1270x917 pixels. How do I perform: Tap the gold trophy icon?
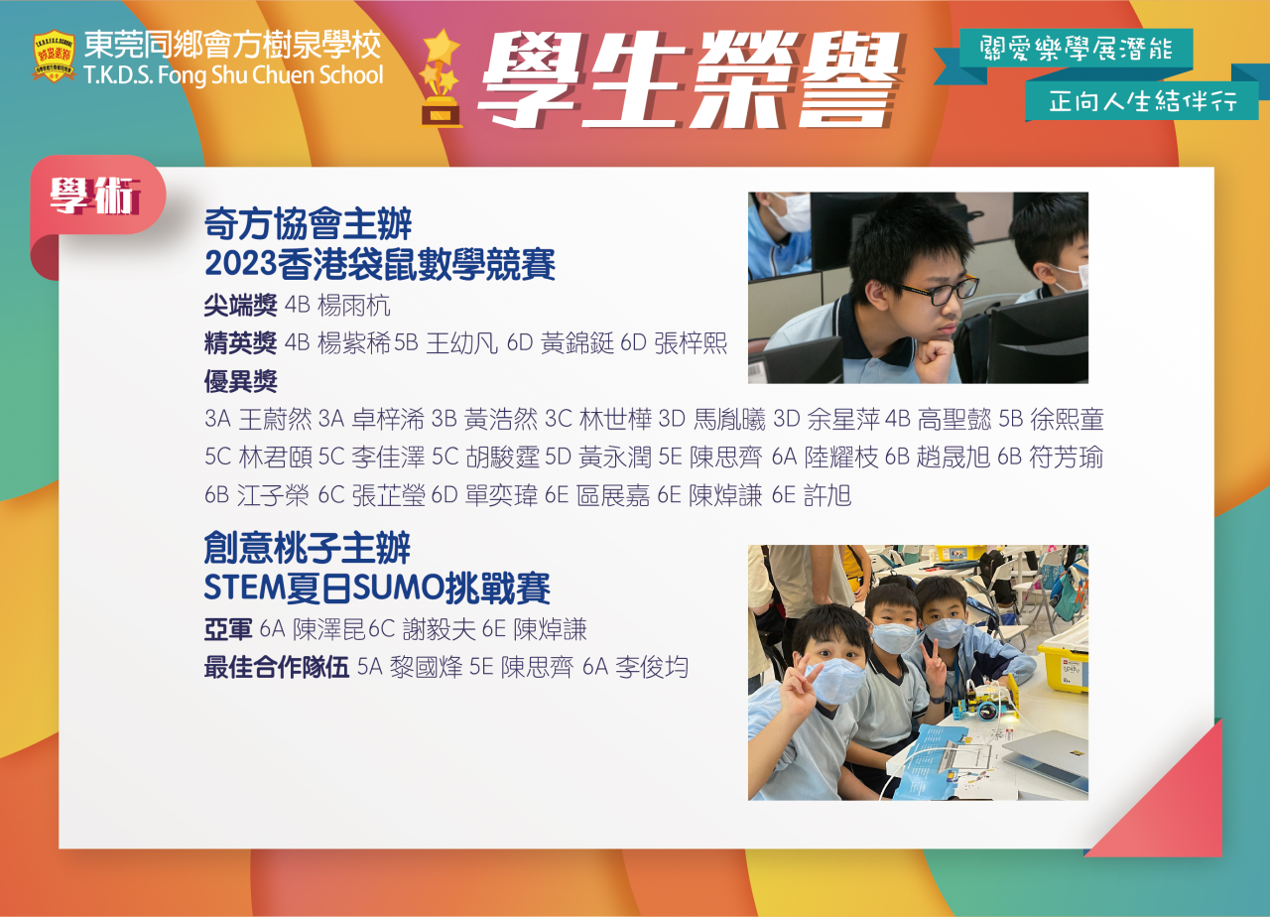pos(440,78)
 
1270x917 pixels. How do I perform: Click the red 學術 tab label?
pos(95,196)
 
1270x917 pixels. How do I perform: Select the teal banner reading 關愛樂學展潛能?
pos(1076,49)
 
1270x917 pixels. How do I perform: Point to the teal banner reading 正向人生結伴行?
pos(1142,101)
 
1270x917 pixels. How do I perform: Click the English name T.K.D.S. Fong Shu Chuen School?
pos(233,74)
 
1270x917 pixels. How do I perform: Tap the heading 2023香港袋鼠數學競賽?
pos(380,264)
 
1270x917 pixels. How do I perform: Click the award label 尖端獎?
pos(240,306)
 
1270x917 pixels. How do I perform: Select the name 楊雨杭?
pos(354,306)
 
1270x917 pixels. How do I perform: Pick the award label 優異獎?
pos(240,381)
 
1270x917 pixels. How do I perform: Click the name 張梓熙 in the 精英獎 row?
pos(691,343)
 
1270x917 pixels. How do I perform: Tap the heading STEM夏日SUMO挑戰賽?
pos(377,588)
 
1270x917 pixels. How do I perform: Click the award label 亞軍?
pos(228,629)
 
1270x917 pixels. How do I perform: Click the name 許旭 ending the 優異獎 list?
pos(827,495)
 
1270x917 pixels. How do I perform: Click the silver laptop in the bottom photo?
pos(1046,754)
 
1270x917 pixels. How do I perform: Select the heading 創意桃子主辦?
pos(308,548)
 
